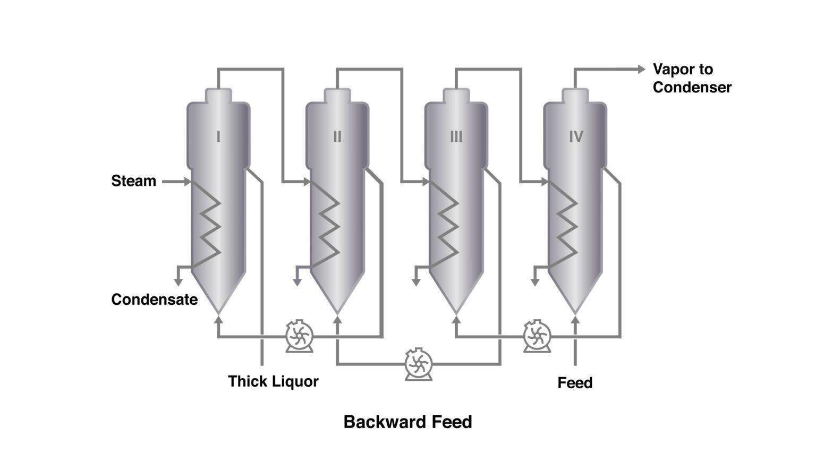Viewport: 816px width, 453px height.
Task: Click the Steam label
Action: click(x=133, y=181)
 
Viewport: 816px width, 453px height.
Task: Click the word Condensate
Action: click(x=154, y=300)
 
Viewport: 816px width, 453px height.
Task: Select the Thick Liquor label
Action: click(x=273, y=381)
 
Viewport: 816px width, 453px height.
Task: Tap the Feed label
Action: click(x=575, y=383)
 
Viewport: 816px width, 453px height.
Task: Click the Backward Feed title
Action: click(x=407, y=422)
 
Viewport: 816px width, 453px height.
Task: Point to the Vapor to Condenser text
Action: click(x=692, y=78)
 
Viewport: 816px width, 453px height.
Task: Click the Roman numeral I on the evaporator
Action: click(x=218, y=137)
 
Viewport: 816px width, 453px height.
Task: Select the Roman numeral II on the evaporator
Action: click(x=337, y=137)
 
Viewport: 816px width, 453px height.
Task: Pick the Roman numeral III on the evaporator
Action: click(x=456, y=137)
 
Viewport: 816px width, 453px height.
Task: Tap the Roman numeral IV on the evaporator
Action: click(x=576, y=137)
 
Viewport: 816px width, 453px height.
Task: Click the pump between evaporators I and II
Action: click(x=300, y=336)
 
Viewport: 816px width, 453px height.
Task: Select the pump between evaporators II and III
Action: click(x=419, y=364)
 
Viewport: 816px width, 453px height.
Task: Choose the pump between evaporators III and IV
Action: click(x=537, y=336)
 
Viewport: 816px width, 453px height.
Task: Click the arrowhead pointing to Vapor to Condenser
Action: click(x=641, y=69)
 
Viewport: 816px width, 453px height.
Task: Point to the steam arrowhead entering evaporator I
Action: click(x=186, y=182)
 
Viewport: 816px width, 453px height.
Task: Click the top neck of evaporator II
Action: click(x=337, y=96)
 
